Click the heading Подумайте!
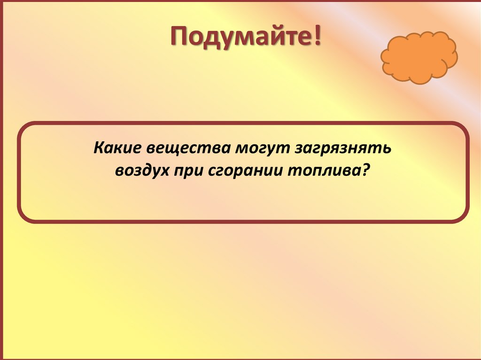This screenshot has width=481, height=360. point(246,37)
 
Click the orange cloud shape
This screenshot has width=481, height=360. point(418,57)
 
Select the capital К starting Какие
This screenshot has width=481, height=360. point(98,148)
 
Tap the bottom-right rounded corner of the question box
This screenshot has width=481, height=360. point(462,214)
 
